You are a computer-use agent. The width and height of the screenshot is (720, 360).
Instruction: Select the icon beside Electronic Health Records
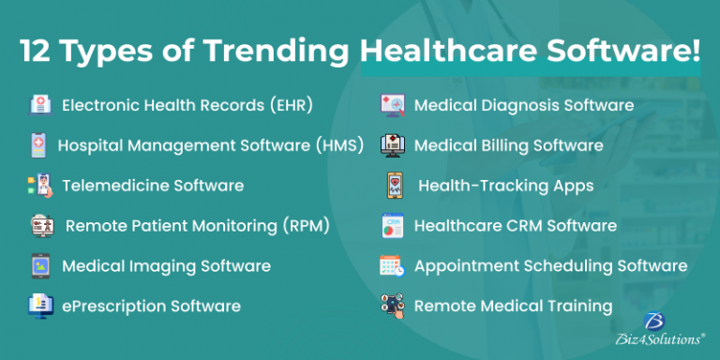click(x=39, y=105)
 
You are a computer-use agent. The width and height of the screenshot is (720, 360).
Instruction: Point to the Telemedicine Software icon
click(x=37, y=186)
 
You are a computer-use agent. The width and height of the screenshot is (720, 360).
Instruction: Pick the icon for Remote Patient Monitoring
click(x=41, y=226)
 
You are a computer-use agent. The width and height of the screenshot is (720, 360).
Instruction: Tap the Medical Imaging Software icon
click(x=40, y=266)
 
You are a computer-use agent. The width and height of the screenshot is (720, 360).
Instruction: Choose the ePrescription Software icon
click(x=39, y=306)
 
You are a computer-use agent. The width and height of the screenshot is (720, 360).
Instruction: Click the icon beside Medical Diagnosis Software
click(x=392, y=105)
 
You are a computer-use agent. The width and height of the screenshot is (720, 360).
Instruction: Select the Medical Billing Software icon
click(x=392, y=145)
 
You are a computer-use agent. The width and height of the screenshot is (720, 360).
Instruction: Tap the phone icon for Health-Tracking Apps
click(x=394, y=186)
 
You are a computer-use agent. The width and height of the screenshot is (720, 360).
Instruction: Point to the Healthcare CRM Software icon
click(x=391, y=226)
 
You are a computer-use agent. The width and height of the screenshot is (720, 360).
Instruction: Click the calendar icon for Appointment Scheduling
click(x=391, y=266)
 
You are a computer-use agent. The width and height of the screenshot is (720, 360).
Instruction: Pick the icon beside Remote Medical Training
click(x=392, y=306)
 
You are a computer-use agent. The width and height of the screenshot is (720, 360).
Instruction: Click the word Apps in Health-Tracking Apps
click(x=572, y=186)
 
